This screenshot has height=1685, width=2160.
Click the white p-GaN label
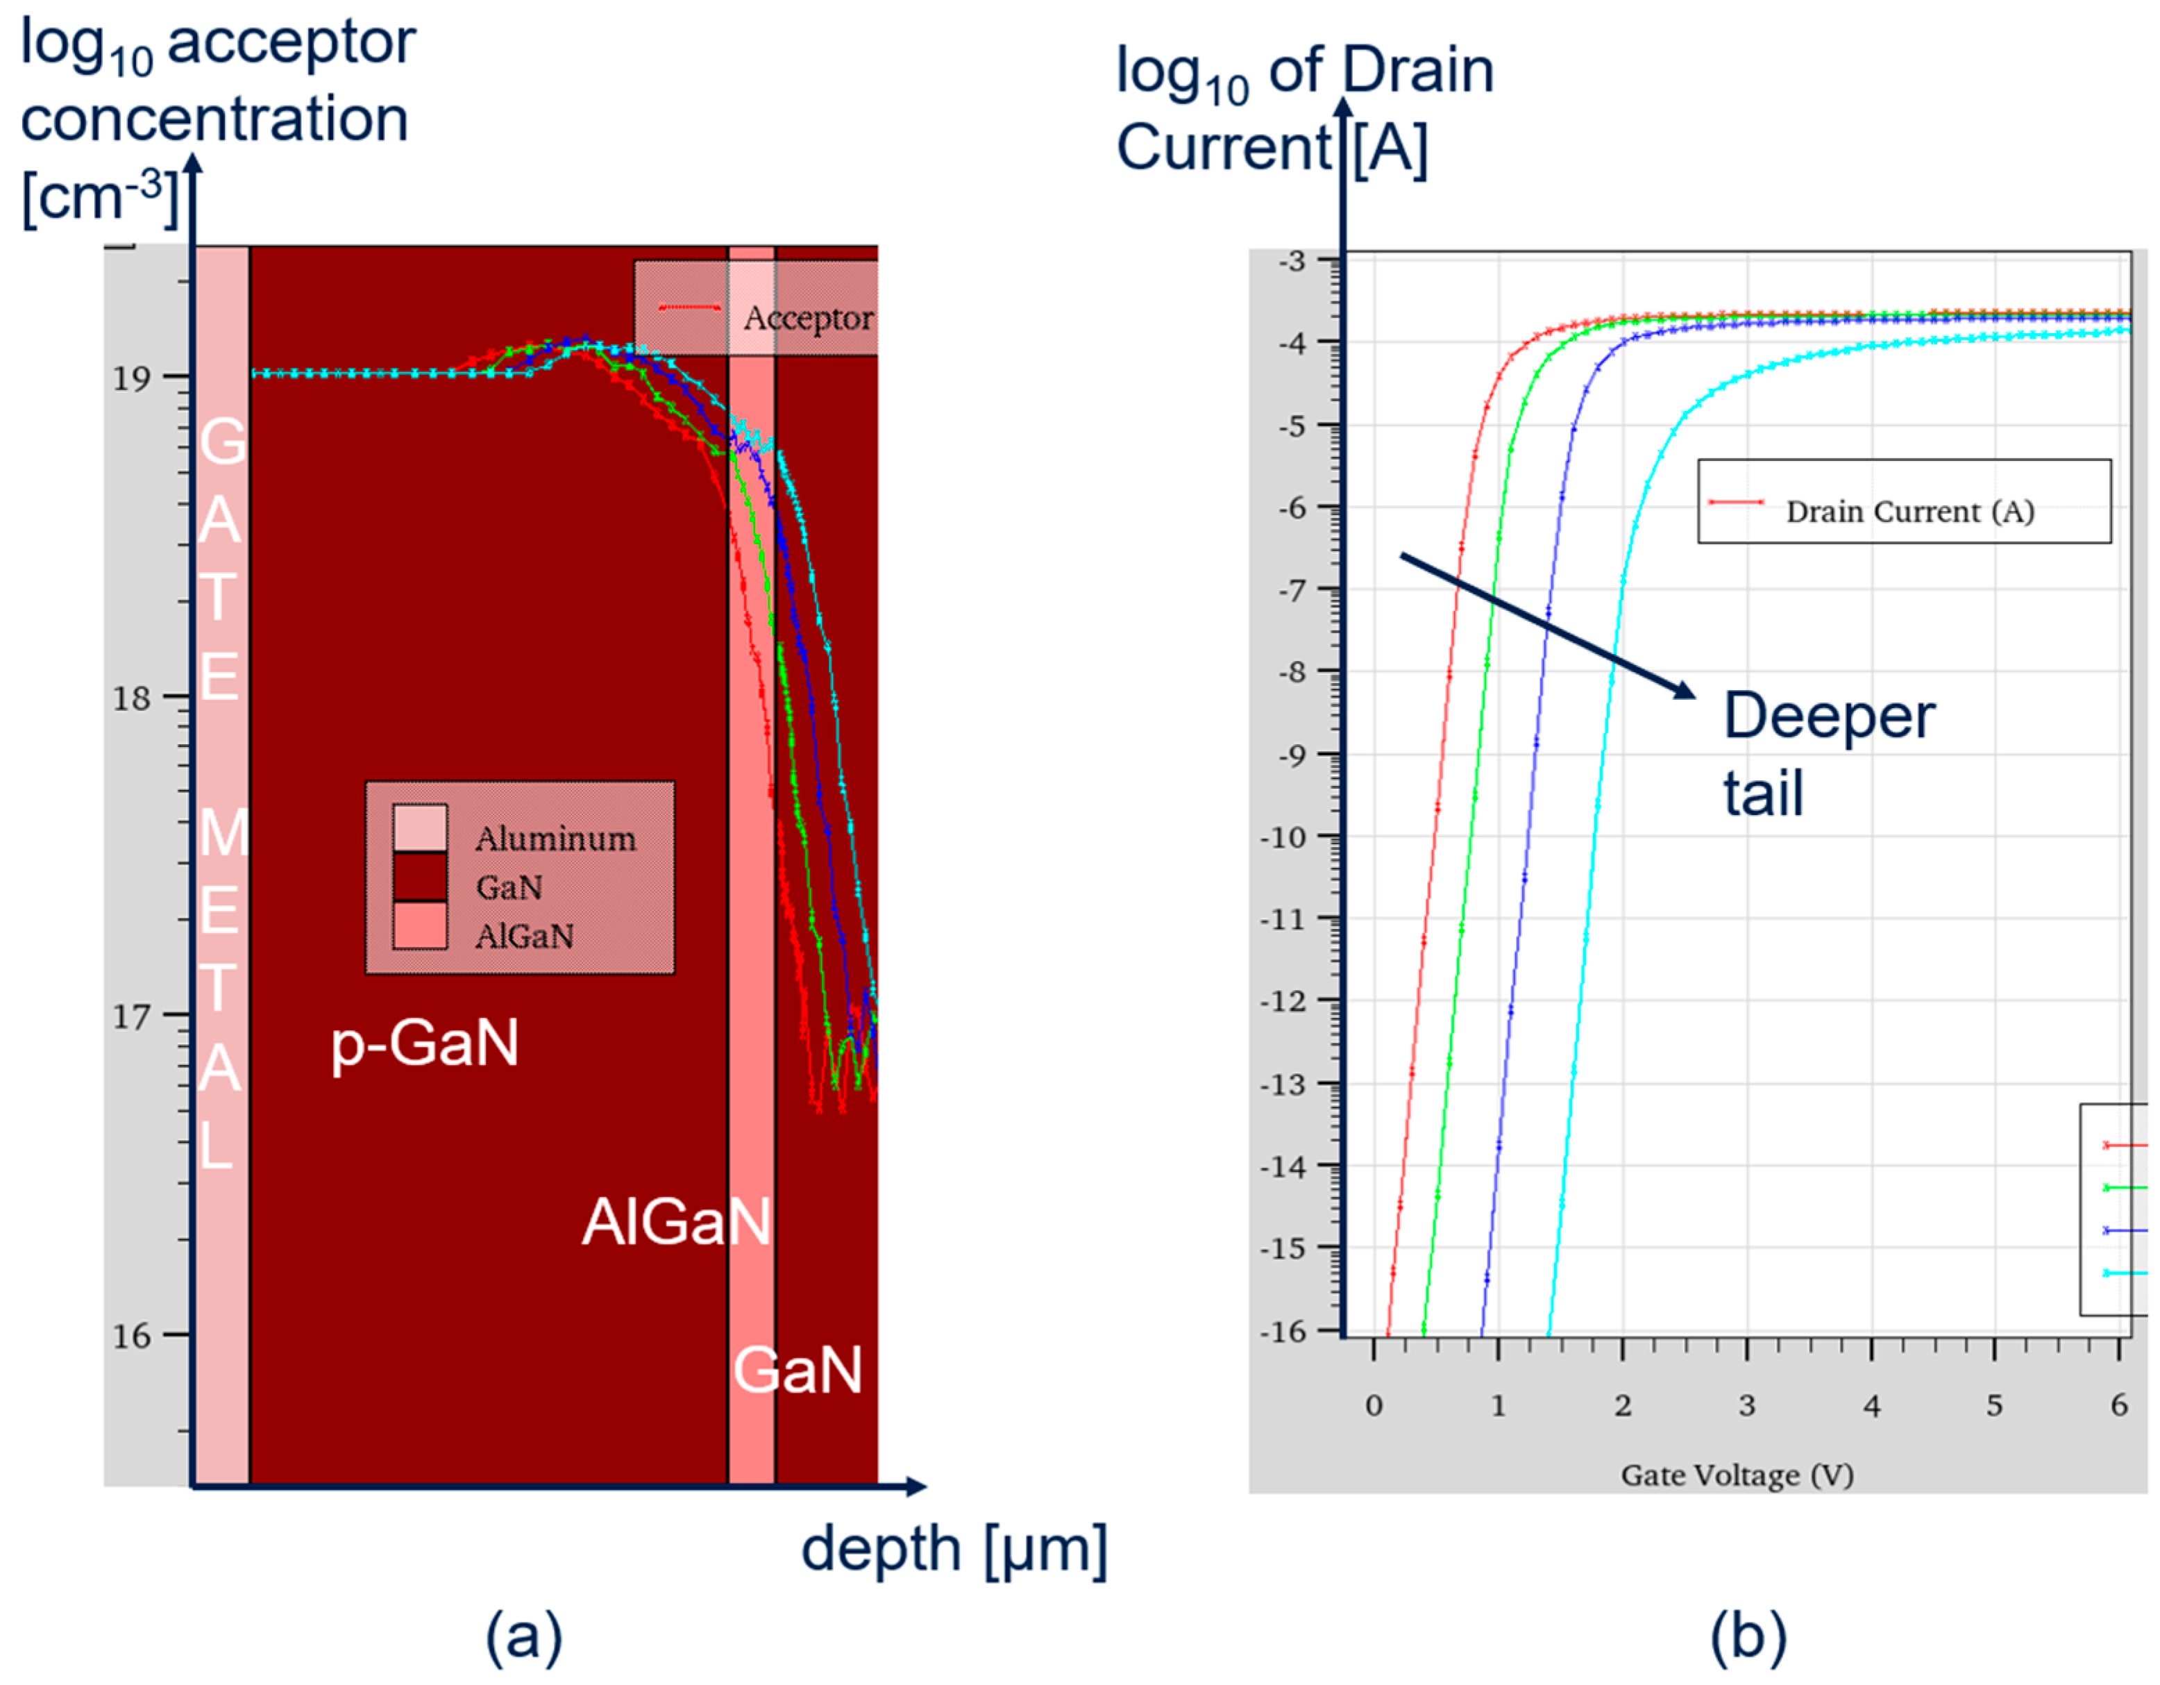(x=424, y=1044)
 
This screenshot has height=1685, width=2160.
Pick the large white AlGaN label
(x=675, y=1222)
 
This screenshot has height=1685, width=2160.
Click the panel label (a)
(x=523, y=1636)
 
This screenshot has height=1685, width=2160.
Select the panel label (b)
(x=1748, y=1636)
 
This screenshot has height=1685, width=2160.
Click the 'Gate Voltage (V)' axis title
(x=1737, y=1475)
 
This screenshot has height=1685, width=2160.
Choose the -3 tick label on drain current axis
(x=1292, y=261)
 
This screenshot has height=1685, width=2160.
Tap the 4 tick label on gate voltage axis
(x=1871, y=1406)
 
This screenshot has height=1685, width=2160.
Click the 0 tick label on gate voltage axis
(x=1374, y=1406)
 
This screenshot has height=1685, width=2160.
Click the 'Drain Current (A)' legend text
(x=1909, y=512)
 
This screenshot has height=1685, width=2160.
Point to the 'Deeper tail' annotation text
(x=1828, y=754)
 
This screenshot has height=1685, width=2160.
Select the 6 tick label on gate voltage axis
(x=2118, y=1406)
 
